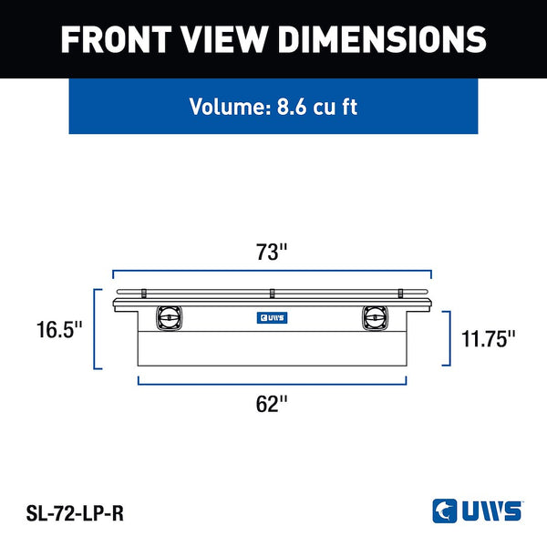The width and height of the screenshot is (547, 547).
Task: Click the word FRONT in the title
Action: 116,39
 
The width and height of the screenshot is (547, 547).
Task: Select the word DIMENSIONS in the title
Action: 382,39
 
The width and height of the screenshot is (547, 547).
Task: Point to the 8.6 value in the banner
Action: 292,107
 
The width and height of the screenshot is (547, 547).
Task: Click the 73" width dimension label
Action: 272,252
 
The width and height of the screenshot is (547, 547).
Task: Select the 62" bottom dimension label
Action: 272,404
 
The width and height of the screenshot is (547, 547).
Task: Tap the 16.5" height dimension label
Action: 59,329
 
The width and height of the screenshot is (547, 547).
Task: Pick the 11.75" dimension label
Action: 488,338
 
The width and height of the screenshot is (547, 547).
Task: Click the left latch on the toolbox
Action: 170,318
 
